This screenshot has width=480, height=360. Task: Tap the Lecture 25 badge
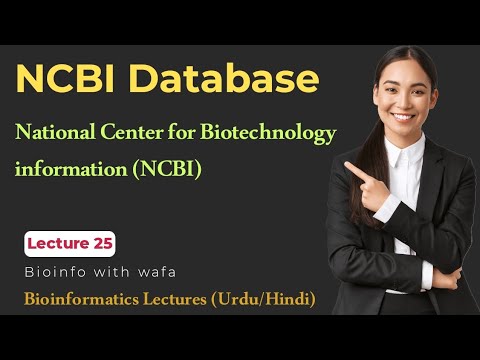click(70, 243)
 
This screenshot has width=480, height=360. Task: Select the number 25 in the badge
click(100, 243)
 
